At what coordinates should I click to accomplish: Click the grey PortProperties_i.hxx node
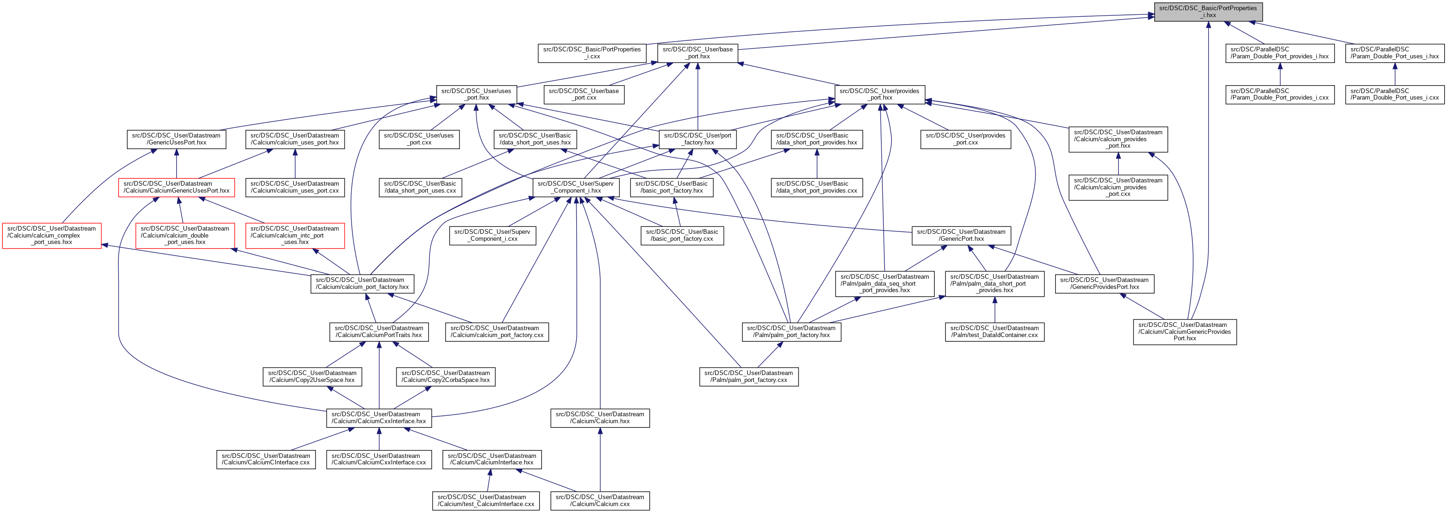point(1208,12)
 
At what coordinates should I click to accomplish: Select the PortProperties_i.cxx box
point(591,53)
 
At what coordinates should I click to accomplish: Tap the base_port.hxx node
point(697,53)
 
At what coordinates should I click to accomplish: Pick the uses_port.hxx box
point(476,94)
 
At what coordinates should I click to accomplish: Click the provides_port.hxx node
point(879,94)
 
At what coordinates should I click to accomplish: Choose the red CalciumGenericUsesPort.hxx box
point(176,188)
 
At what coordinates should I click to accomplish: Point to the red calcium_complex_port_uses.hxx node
point(52,236)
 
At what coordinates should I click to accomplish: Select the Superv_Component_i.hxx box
point(576,188)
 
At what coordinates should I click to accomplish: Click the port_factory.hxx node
point(697,139)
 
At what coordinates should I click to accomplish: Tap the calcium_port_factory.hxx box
point(362,283)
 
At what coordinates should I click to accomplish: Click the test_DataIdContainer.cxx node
point(994,332)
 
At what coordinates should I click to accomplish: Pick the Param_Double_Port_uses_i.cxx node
point(1394,94)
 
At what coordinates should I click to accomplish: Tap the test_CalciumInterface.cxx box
point(485,500)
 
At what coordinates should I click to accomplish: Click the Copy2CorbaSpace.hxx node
point(446,376)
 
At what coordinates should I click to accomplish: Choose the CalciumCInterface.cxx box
point(266,459)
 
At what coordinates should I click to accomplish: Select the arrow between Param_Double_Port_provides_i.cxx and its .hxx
point(1280,74)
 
